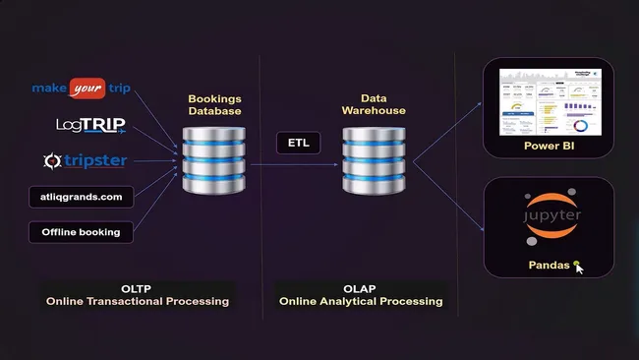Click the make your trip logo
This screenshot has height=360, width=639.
click(x=82, y=89)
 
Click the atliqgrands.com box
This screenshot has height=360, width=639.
click(x=82, y=198)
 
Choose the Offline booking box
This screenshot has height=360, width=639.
click(x=81, y=232)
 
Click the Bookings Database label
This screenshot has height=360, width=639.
click(x=214, y=105)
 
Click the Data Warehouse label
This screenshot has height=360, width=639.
click(x=374, y=105)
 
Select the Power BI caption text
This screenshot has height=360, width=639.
click(x=548, y=146)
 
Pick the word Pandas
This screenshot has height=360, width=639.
click(x=549, y=265)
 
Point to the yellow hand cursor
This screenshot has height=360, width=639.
click(x=579, y=266)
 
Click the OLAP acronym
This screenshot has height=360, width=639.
click(x=360, y=287)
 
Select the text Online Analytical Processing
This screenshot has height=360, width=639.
click(x=360, y=301)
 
